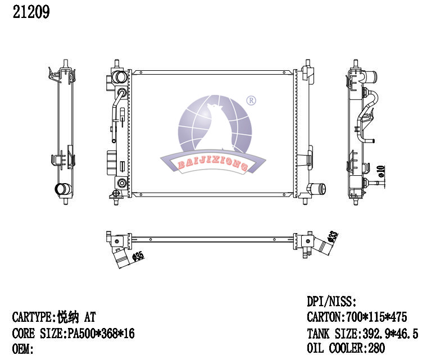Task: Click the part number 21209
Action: (31, 12)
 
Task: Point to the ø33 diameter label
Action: (333, 236)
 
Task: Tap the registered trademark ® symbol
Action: (251, 101)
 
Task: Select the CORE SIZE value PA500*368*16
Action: (99, 334)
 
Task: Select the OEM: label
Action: (24, 349)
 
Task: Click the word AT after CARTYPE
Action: (90, 318)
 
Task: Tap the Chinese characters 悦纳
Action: (68, 318)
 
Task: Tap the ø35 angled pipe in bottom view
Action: (122, 258)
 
